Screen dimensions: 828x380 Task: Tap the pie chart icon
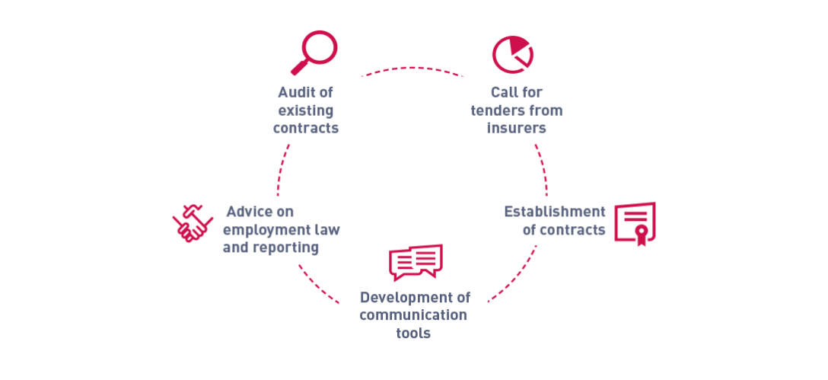click(x=513, y=54)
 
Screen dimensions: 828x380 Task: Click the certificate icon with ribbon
click(x=635, y=224)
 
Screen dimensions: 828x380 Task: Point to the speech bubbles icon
click(x=416, y=262)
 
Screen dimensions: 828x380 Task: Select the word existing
click(x=306, y=111)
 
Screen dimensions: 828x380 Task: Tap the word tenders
click(x=492, y=111)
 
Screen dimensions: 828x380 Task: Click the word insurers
click(x=517, y=129)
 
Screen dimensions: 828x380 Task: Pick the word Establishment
click(x=555, y=212)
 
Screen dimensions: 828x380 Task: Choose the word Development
click(x=402, y=297)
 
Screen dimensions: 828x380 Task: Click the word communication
click(x=413, y=315)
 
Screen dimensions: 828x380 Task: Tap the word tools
click(x=413, y=334)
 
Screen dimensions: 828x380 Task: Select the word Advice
click(x=247, y=212)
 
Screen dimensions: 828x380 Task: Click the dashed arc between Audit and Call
click(x=412, y=68)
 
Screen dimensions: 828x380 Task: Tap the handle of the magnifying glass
click(x=299, y=68)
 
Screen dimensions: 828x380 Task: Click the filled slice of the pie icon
click(x=517, y=44)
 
